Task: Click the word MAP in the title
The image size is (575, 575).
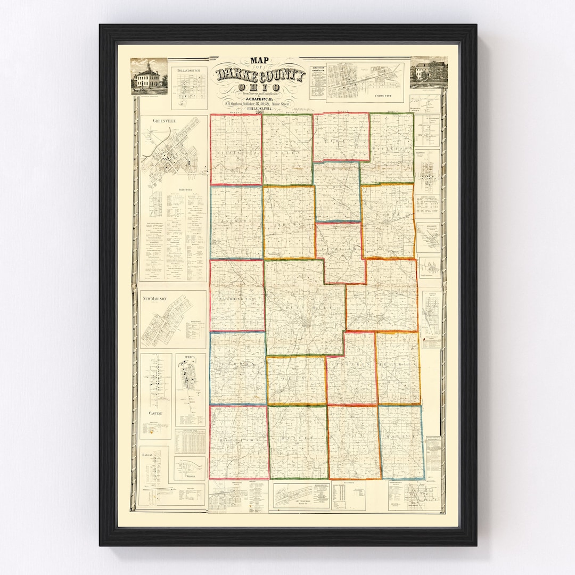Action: coord(260,60)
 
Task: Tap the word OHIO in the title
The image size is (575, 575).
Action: coord(260,87)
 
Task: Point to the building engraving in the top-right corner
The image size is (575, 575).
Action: coord(428,72)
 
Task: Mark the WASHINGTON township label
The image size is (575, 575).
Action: coord(236,299)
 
